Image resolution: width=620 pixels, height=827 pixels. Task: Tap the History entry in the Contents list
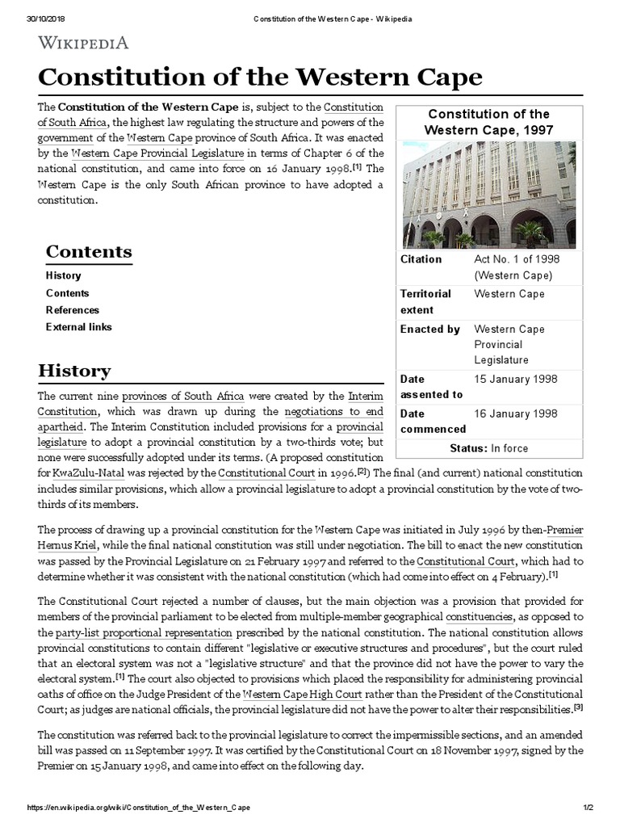pyautogui.click(x=63, y=275)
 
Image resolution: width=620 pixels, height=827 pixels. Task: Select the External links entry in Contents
pyautogui.click(x=78, y=327)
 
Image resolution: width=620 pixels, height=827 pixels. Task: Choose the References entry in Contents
pyautogui.click(x=73, y=310)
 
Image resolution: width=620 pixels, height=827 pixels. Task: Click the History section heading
pyautogui.click(x=74, y=371)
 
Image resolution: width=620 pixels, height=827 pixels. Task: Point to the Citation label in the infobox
pyautogui.click(x=421, y=259)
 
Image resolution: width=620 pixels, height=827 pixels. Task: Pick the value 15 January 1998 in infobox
pyautogui.click(x=515, y=379)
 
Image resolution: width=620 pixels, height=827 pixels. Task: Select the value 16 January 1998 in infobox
pyautogui.click(x=515, y=413)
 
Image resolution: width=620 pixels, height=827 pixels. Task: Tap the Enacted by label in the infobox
pyautogui.click(x=430, y=330)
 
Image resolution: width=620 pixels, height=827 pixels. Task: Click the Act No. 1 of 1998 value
pyautogui.click(x=516, y=259)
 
